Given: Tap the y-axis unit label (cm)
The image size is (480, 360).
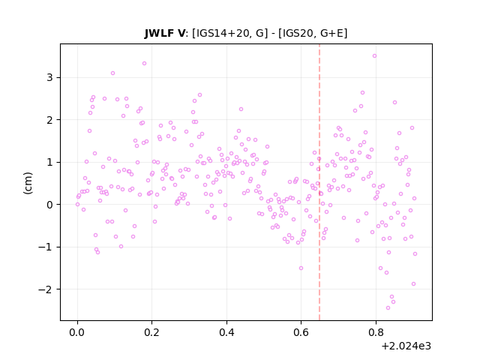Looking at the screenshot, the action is [x=28, y=183].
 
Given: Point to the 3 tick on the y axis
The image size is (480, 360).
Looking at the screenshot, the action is [x=49, y=77].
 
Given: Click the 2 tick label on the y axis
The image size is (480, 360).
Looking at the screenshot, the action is [x=49, y=120].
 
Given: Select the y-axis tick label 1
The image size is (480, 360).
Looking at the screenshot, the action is [x=49, y=162].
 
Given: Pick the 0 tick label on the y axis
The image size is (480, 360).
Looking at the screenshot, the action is [x=49, y=205].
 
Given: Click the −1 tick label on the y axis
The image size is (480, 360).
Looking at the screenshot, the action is [x=46, y=247].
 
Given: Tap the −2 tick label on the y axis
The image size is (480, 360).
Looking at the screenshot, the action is [x=46, y=289].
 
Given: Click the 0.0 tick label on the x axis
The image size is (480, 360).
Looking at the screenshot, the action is [x=77, y=332].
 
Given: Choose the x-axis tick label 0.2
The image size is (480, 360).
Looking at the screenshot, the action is [x=151, y=332].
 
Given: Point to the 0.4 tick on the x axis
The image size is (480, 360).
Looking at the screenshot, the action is [x=226, y=332].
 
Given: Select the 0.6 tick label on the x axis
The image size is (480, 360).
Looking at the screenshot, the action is [x=301, y=332].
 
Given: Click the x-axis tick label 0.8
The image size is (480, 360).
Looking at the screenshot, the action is [x=376, y=332].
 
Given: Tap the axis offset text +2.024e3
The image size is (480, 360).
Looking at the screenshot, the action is [x=406, y=346].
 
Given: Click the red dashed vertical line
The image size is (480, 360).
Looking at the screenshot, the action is [x=319, y=182].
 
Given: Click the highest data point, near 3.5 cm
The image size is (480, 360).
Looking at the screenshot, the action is [x=374, y=56].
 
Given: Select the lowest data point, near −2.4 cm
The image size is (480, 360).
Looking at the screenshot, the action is [x=388, y=308].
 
